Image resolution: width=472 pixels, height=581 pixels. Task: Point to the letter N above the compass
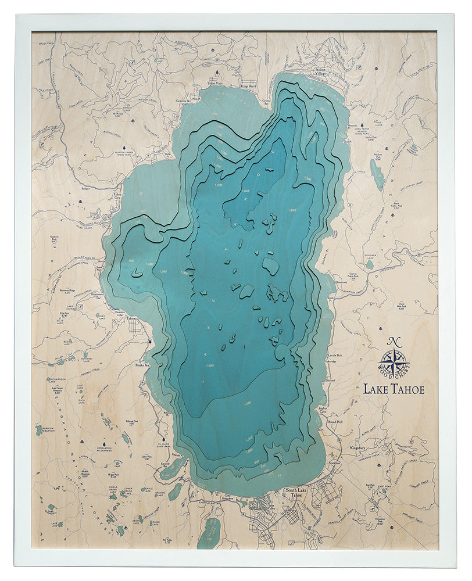click(394, 342)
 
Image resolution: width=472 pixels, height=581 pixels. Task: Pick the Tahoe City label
click(119, 196)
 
